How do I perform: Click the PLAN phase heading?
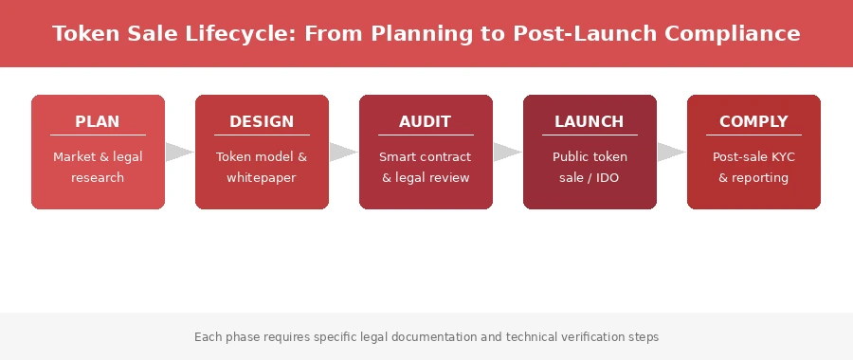(98, 121)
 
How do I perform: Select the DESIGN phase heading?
(262, 121)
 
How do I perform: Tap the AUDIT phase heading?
(425, 121)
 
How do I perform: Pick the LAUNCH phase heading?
(589, 121)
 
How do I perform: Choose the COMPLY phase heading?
(753, 121)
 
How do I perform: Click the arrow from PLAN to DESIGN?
(179, 153)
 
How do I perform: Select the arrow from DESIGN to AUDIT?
(343, 153)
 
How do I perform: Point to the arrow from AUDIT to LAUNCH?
(507, 153)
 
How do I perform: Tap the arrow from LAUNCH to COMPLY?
(671, 153)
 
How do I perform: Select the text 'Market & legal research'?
(98, 167)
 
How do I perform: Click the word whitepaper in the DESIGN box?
(262, 177)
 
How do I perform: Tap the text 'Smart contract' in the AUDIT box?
(425, 156)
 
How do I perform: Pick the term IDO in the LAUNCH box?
(608, 177)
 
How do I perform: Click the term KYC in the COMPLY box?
(783, 156)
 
